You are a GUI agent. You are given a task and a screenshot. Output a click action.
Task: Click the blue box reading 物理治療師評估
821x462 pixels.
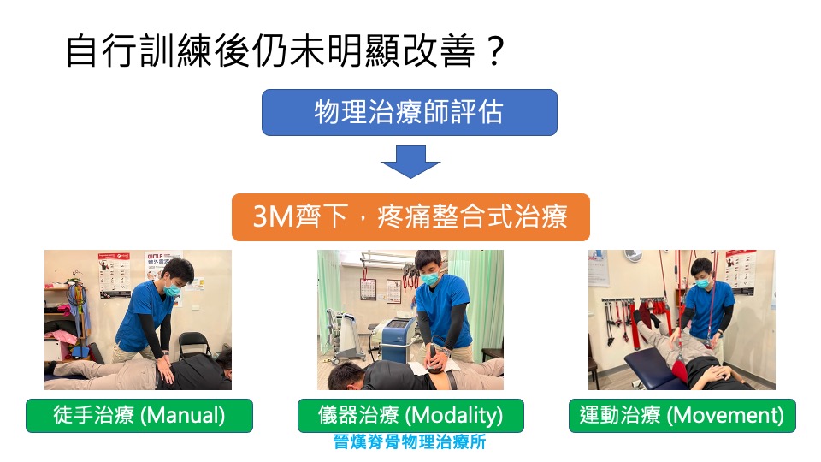pyautogui.click(x=410, y=113)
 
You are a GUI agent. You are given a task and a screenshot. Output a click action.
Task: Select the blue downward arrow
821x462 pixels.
pyautogui.click(x=410, y=162)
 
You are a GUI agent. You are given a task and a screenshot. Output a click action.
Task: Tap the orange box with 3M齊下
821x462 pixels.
pyautogui.click(x=410, y=216)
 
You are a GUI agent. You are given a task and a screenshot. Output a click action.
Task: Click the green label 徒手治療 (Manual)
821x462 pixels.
pyautogui.click(x=139, y=416)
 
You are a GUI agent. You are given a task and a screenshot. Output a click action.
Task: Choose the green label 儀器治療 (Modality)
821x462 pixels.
pyautogui.click(x=410, y=416)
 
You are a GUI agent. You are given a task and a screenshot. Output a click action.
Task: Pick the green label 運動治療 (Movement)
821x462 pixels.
pyautogui.click(x=682, y=416)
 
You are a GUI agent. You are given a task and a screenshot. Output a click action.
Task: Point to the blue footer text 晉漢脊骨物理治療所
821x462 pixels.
pyautogui.click(x=410, y=441)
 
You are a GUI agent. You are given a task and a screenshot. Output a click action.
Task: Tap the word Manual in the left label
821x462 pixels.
pyautogui.click(x=182, y=416)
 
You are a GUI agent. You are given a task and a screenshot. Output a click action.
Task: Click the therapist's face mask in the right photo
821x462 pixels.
pyautogui.click(x=703, y=283)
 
